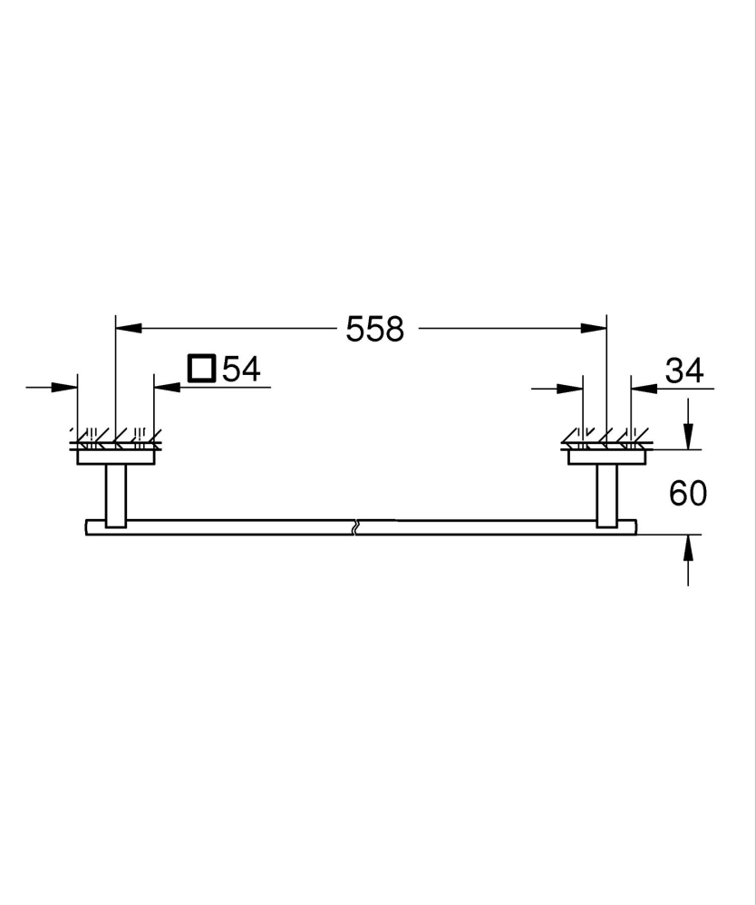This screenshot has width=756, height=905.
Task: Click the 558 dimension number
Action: point(374,329)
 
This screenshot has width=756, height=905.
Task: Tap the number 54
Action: point(241,369)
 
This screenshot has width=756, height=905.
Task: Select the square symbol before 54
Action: point(200,369)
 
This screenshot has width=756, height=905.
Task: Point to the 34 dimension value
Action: point(684,370)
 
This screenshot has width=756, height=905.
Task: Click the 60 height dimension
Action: point(687,493)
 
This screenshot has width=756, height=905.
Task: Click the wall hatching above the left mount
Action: point(115,438)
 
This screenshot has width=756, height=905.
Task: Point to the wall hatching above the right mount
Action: point(606,438)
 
